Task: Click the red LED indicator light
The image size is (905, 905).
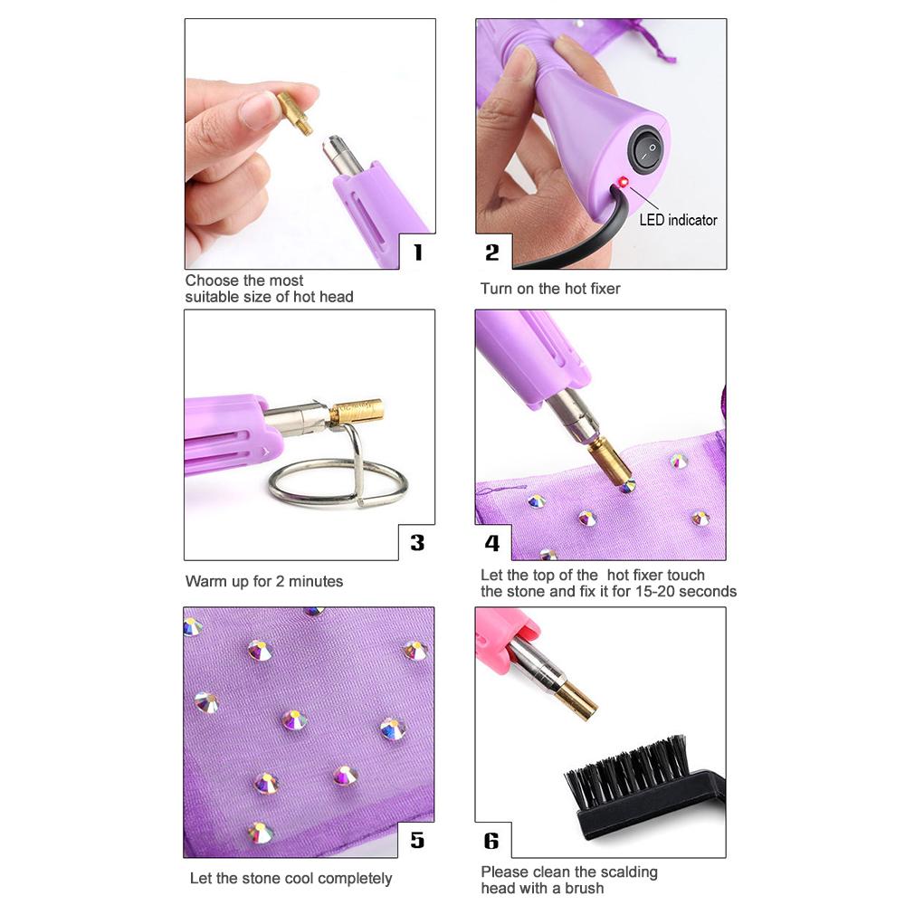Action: [x=623, y=183]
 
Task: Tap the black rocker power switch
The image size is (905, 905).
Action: [x=646, y=150]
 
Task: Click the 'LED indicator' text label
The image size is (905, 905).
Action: [x=678, y=220]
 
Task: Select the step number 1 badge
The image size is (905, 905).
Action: [x=418, y=252]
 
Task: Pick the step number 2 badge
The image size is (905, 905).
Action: [x=491, y=252]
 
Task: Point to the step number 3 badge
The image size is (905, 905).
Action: [x=417, y=542]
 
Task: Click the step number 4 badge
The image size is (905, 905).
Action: [x=491, y=543]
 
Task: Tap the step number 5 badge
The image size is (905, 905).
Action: [x=417, y=840]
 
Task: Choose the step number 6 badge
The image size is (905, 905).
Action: [x=491, y=841]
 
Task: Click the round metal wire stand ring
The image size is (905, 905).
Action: [x=338, y=482]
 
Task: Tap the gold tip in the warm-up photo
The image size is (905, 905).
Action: [x=357, y=410]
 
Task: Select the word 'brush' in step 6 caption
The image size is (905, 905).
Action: [x=584, y=889]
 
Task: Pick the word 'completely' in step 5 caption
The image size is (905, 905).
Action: [x=355, y=879]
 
